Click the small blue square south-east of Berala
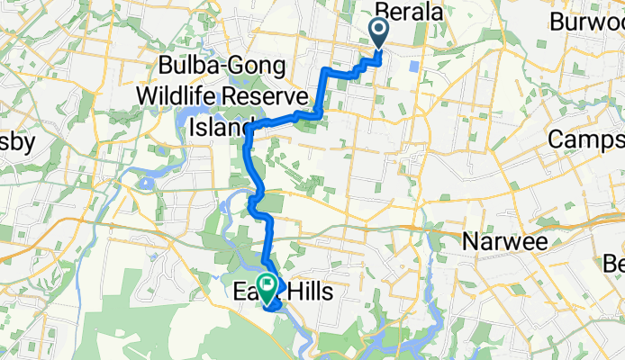tap(413, 66)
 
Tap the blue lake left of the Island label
tap(194, 117)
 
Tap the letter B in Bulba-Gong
tap(167, 66)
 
